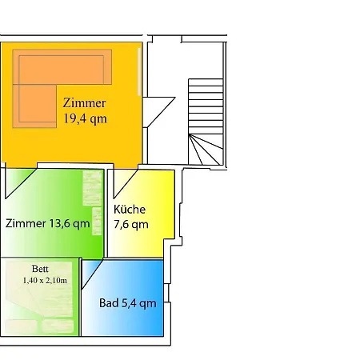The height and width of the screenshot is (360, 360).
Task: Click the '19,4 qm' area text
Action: tap(85, 118)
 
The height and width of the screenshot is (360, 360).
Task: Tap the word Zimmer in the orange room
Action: tap(84, 103)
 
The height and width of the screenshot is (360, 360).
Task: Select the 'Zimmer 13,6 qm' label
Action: tap(47, 223)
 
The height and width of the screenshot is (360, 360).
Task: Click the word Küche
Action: tap(130, 210)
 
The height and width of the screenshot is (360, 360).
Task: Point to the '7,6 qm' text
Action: tap(131, 225)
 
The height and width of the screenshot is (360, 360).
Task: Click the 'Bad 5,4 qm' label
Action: tap(128, 303)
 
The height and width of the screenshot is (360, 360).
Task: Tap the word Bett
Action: tap(40, 269)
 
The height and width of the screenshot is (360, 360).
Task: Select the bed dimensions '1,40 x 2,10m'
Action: tap(45, 281)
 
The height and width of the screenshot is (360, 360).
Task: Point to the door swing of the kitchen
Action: tap(126, 183)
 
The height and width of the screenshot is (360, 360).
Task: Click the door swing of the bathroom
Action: tap(92, 274)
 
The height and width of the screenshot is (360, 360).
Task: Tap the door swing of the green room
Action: tap(20, 183)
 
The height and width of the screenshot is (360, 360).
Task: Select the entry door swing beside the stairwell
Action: tap(158, 112)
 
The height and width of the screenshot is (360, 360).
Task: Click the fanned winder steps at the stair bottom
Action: tap(206, 150)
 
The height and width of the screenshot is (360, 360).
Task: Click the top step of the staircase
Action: tap(206, 82)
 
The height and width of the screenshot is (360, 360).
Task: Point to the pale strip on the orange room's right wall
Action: tap(139, 71)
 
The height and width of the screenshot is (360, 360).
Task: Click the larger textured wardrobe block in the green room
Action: tap(92, 188)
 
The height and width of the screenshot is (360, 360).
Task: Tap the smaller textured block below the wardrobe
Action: tap(97, 221)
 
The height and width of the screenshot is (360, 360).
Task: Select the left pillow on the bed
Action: tap(21, 326)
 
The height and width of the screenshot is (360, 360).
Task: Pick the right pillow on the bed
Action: tap(58, 326)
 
